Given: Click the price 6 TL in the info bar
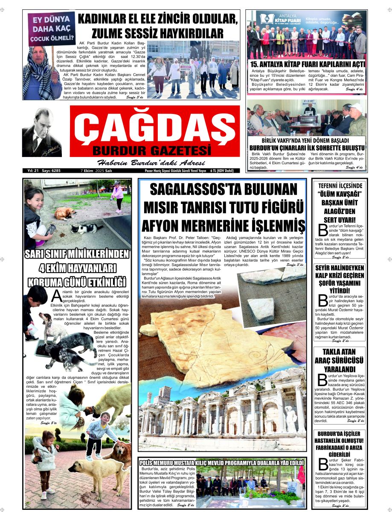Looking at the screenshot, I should coord(214,171).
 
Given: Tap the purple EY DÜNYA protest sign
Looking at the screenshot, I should coord(51,28).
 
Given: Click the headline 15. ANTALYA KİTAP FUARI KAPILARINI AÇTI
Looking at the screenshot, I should coord(306,64).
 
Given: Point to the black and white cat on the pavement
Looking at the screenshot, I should coord(87,229).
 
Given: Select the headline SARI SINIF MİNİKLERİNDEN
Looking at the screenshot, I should coord(77,254).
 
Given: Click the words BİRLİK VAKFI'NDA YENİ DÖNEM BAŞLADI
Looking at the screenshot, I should coord(305,140).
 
